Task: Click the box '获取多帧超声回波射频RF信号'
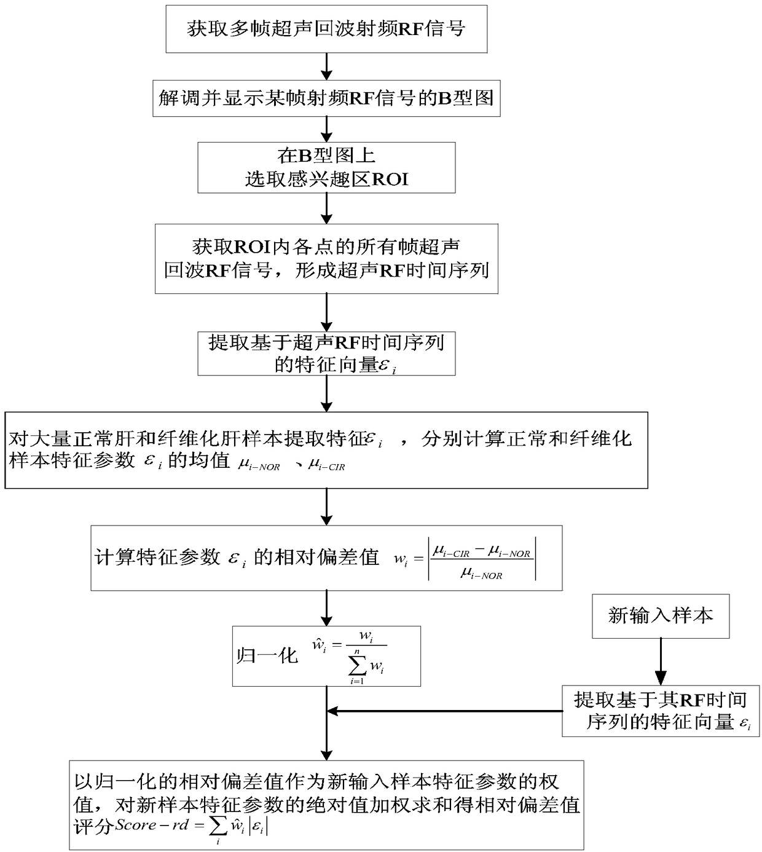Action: pos(326,29)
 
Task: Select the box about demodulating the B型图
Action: pos(326,98)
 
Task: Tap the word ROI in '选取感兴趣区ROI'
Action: pos(390,179)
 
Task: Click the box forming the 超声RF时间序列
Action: pos(326,259)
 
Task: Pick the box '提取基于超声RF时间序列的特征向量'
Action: pos(326,353)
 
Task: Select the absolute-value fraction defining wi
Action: pos(482,559)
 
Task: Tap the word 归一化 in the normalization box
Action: pos(267,656)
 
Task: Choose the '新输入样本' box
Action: pos(661,616)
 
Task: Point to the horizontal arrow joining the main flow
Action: pos(445,711)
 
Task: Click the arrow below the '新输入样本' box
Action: pos(661,662)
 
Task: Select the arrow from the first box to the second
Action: pos(326,66)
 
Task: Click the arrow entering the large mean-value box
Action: pos(326,393)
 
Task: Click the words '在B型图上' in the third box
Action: pos(326,156)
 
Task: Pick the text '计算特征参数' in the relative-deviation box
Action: pos(158,558)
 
